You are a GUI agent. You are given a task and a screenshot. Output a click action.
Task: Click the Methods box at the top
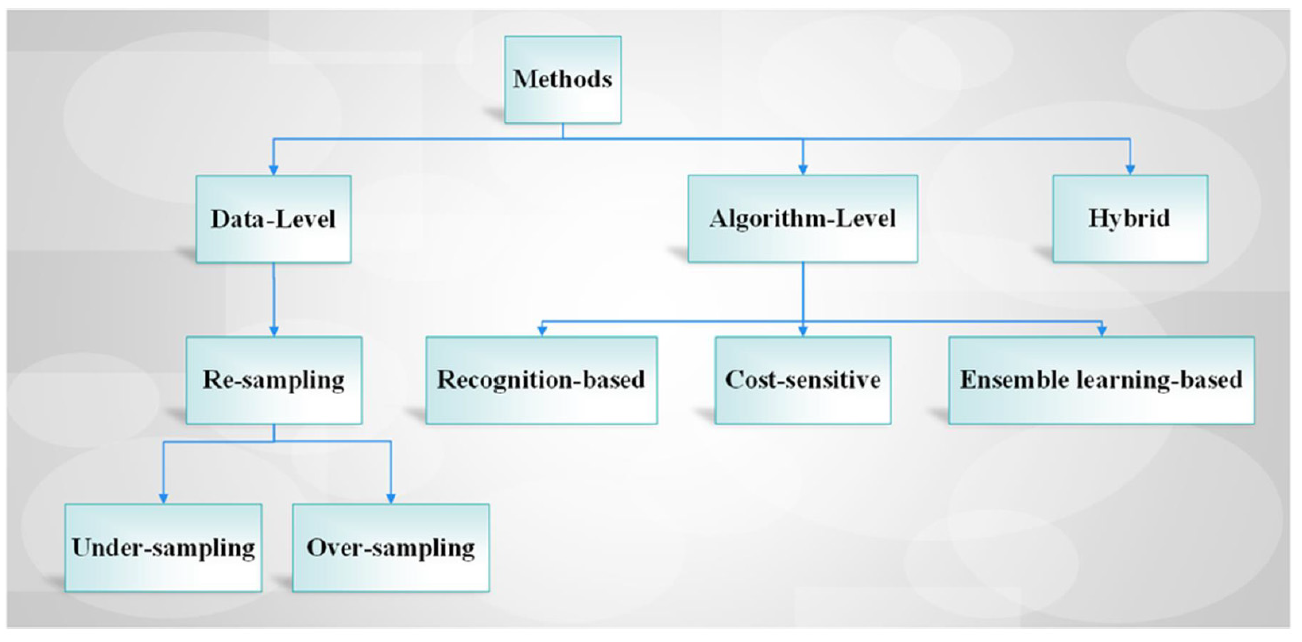point(563,79)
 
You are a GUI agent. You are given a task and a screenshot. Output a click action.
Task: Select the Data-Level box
point(273,219)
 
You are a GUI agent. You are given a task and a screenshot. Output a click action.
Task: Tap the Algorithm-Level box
point(803,218)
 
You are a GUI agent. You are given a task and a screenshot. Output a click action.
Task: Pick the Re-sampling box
point(273,380)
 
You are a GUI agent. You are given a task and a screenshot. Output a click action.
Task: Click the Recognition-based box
point(541,380)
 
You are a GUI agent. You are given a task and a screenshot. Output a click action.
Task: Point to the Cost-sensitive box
point(803,380)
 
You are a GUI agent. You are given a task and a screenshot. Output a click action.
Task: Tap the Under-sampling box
point(163,547)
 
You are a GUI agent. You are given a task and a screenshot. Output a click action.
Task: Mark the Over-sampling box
point(391,547)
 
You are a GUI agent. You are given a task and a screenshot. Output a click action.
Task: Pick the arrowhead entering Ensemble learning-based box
point(1102,331)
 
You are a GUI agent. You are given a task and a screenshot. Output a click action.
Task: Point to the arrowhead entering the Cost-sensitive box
point(803,331)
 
